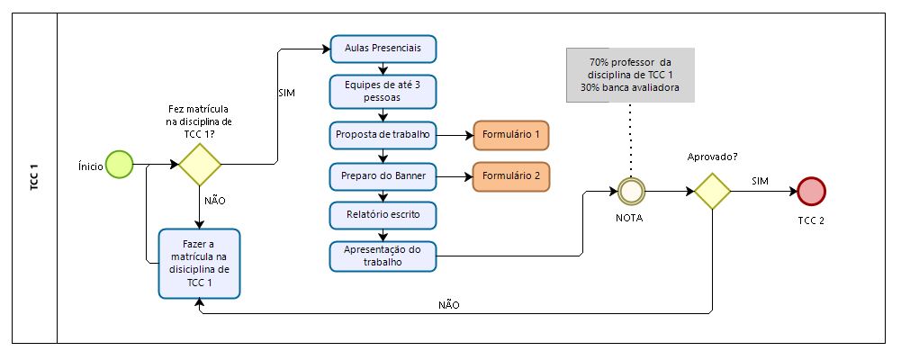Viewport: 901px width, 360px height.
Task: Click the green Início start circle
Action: click(119, 164)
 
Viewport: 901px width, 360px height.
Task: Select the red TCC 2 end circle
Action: click(811, 191)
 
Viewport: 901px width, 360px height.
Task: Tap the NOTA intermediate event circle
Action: click(631, 191)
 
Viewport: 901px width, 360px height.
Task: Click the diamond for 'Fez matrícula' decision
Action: click(199, 165)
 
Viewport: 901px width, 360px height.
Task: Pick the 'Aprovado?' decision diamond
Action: click(713, 191)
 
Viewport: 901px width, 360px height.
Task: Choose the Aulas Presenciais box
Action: click(383, 46)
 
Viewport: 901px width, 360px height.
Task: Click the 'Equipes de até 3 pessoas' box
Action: click(383, 91)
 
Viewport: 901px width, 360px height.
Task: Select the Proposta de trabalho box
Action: click(383, 136)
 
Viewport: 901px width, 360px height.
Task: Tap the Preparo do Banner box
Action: click(383, 176)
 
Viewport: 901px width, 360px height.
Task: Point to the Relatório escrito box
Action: click(383, 216)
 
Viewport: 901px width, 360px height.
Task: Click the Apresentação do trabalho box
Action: click(383, 256)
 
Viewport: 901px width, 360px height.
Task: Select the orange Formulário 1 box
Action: click(511, 136)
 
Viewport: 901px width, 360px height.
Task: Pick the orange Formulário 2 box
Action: click(511, 176)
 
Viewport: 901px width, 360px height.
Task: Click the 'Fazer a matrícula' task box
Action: click(200, 264)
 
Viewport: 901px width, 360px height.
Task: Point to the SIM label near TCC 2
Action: click(761, 181)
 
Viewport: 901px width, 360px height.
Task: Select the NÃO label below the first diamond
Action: click(215, 201)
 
